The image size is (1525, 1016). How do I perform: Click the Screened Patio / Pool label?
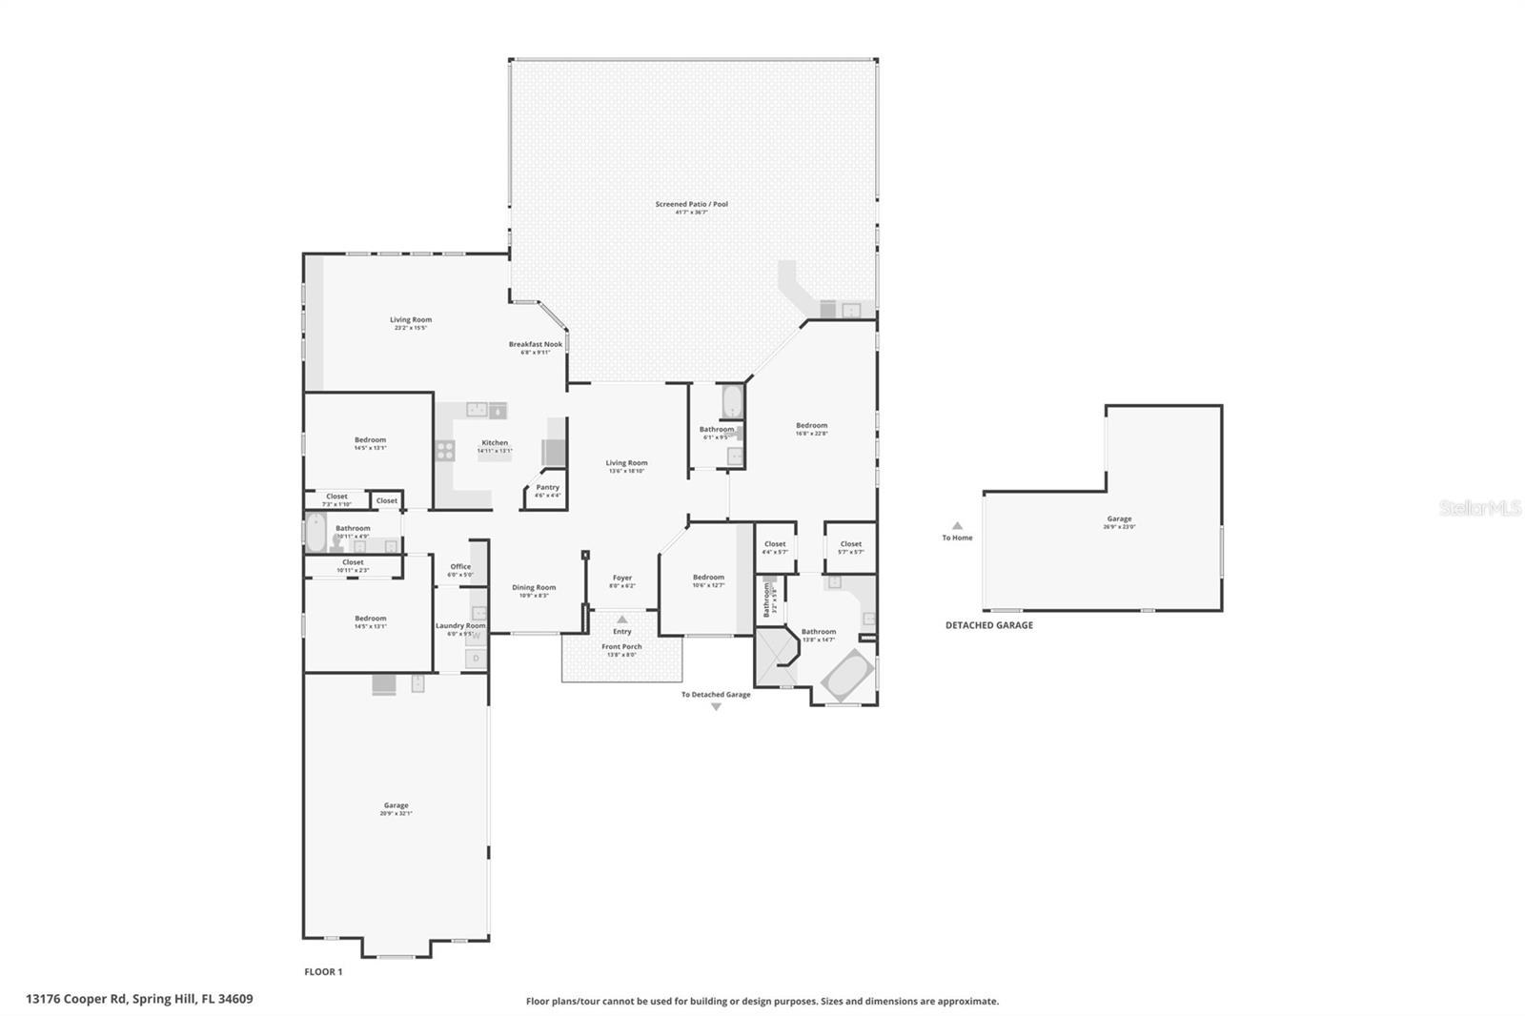pyautogui.click(x=691, y=204)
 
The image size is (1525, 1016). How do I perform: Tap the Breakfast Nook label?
pyautogui.click(x=535, y=344)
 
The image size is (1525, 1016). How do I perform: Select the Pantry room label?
pyautogui.click(x=547, y=487)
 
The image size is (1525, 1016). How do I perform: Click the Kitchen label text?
pyautogui.click(x=495, y=442)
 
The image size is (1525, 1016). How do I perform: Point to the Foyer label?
pyautogui.click(x=622, y=578)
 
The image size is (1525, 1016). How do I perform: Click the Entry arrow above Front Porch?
pyautogui.click(x=622, y=620)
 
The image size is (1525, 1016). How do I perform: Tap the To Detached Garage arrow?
pyautogui.click(x=716, y=706)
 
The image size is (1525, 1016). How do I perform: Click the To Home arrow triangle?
pyautogui.click(x=957, y=526)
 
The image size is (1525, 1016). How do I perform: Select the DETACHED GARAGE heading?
pyautogui.click(x=988, y=625)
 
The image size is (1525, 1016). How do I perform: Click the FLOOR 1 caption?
pyautogui.click(x=323, y=972)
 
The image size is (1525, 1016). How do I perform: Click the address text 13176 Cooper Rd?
pyautogui.click(x=139, y=999)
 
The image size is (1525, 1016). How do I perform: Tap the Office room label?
pyautogui.click(x=460, y=566)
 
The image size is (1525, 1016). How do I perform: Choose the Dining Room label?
pyautogui.click(x=534, y=587)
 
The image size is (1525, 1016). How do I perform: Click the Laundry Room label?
pyautogui.click(x=460, y=625)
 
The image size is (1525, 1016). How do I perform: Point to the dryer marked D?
pyautogui.click(x=476, y=658)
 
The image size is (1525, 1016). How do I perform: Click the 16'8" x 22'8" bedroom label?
pyautogui.click(x=811, y=425)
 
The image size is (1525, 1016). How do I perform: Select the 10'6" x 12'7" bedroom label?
pyautogui.click(x=708, y=577)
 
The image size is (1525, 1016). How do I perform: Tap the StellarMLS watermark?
pyautogui.click(x=1479, y=508)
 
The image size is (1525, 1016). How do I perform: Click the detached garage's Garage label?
pyautogui.click(x=1119, y=519)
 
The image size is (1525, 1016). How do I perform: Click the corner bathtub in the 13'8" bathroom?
pyautogui.click(x=847, y=677)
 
